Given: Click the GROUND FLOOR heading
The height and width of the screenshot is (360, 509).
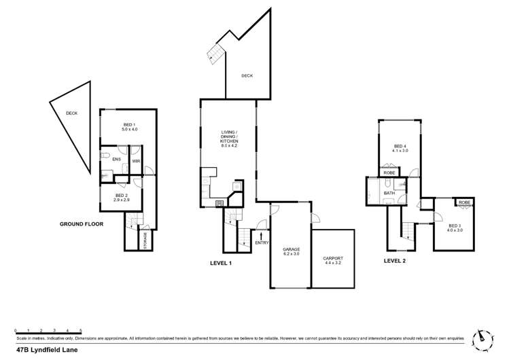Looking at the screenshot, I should point(82,223).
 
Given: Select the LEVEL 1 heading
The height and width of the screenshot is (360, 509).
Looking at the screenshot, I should point(221,263).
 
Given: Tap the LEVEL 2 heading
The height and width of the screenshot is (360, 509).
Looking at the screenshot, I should point(396,260).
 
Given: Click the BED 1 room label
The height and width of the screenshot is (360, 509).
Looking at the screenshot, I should point(130,126).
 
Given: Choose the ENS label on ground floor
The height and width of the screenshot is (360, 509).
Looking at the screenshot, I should point(116,160).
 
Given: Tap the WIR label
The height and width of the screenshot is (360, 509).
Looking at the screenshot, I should point(136,161).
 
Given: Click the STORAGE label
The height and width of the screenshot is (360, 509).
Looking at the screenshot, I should point(144,240).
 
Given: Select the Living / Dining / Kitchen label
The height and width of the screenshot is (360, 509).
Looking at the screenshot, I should point(228,139).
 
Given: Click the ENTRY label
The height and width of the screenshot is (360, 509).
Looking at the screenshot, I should point(262,242).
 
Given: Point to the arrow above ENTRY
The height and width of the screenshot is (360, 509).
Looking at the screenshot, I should point(262,234).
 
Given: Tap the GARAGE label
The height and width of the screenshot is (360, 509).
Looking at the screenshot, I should point(292,252).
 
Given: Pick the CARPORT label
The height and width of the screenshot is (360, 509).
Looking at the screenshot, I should point(333,260).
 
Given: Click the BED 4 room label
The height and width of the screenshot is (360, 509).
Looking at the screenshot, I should point(400,148).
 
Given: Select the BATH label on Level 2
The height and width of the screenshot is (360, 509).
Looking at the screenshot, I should point(389,194).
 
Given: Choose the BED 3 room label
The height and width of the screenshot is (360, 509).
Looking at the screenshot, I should point(455,228).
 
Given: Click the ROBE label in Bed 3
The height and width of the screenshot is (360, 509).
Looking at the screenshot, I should point(464,202).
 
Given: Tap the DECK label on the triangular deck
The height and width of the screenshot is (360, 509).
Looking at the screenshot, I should point(71,113).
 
